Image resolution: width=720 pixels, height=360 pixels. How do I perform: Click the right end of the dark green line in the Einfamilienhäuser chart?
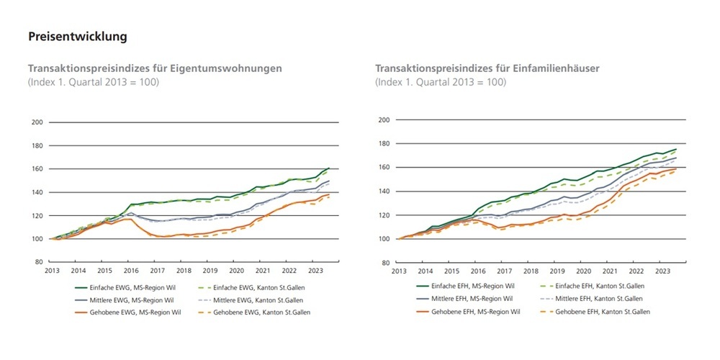coord(676,149)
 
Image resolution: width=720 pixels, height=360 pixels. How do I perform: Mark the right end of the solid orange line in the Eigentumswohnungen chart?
coord(330,194)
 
